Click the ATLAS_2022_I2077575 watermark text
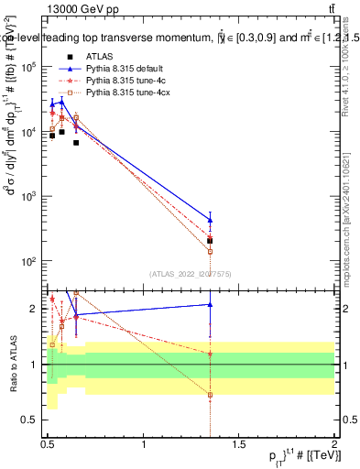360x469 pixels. (x=190, y=274)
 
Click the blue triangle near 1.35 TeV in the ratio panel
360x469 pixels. (x=211, y=304)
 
